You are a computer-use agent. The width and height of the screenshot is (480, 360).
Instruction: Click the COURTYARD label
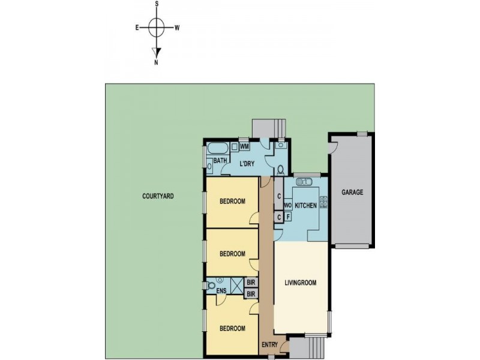(158, 196)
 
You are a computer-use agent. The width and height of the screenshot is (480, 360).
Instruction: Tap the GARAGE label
(352, 193)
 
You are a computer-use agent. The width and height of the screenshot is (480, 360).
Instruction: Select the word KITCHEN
(305, 206)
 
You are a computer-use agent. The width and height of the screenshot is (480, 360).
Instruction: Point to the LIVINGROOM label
(300, 283)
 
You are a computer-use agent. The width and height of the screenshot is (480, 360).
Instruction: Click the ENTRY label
(270, 345)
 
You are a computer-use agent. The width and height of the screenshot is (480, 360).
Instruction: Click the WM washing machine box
(245, 146)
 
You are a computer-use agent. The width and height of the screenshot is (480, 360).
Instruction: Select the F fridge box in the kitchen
(288, 217)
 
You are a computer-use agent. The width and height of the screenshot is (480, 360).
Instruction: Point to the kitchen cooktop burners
(323, 203)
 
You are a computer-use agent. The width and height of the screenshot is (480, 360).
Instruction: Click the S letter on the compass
(157, 4)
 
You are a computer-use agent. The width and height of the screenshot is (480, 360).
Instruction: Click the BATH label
(220, 161)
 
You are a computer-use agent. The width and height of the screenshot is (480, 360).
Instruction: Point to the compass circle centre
(157, 27)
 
